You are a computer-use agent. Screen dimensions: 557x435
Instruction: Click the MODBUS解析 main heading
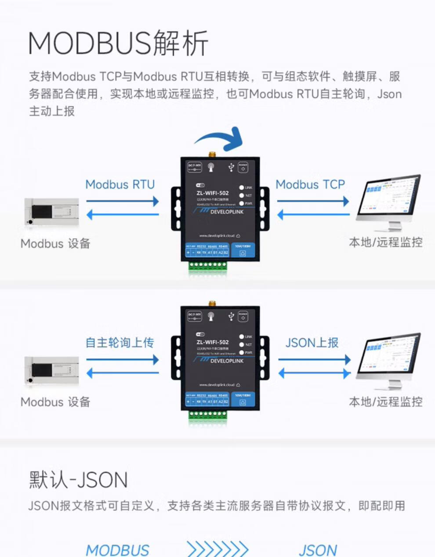(118, 43)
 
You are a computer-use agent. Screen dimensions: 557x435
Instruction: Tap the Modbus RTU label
(120, 184)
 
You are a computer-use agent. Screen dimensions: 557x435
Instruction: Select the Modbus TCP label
(310, 184)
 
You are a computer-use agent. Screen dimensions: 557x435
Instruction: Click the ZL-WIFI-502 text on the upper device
(213, 193)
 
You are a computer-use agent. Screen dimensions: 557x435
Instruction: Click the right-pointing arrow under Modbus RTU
(123, 201)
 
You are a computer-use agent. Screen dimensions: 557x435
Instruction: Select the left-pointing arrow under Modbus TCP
(313, 215)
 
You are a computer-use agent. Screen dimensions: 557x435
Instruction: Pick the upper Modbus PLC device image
(52, 211)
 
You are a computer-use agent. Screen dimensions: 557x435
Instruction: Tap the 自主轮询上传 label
(120, 343)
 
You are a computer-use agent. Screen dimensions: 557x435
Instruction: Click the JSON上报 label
(312, 343)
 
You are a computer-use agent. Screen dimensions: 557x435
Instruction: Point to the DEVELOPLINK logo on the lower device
(226, 361)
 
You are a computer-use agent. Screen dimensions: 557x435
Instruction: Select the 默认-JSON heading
(78, 480)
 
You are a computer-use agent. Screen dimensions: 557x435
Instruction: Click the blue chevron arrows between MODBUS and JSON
(217, 549)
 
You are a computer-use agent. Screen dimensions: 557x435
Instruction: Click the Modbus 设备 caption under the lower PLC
(55, 402)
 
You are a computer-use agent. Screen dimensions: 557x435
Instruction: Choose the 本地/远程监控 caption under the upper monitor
(385, 242)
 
